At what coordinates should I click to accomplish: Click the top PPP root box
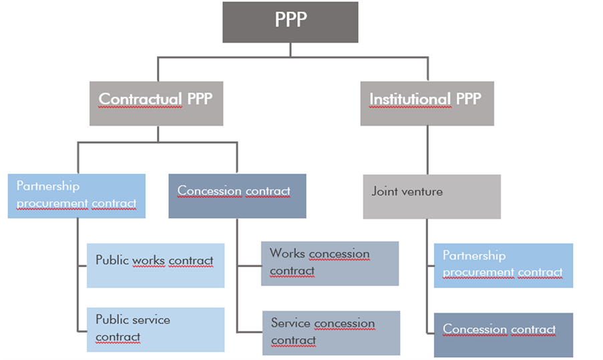290,21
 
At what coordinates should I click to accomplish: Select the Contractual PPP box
156,104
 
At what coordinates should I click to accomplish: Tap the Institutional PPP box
427,104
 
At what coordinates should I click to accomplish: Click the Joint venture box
431,196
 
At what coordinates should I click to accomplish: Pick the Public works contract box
156,265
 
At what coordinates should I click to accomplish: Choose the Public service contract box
156,329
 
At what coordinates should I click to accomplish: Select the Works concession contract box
330,263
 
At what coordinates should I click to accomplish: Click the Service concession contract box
331,333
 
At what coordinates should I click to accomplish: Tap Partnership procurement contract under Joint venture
503,265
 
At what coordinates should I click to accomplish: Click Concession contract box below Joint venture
503,335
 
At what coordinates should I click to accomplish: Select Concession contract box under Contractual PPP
237,196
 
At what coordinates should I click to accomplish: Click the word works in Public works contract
148,260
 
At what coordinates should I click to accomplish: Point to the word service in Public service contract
152,320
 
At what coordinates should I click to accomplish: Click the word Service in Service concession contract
290,323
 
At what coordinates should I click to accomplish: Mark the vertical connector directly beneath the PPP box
290,50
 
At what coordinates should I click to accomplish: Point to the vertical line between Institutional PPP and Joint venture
427,150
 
